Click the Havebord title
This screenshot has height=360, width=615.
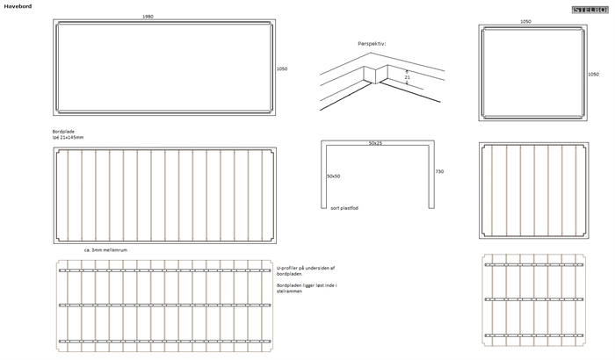point(18,5)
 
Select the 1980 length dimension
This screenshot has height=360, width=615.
point(148,18)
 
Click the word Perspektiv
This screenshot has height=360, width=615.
point(372,43)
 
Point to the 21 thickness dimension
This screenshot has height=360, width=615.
point(407,77)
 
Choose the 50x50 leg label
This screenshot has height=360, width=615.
point(335,176)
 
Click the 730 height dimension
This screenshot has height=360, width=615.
point(439,171)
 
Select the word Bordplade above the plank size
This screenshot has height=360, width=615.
point(63,131)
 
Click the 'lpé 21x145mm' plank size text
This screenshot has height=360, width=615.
point(69,137)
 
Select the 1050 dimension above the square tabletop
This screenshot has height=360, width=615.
point(525,21)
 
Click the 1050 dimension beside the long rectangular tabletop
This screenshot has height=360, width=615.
point(282,68)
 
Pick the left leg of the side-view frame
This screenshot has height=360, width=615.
point(324,176)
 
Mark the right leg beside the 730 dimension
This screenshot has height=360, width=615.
point(430,176)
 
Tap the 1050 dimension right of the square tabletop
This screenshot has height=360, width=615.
point(593,74)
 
